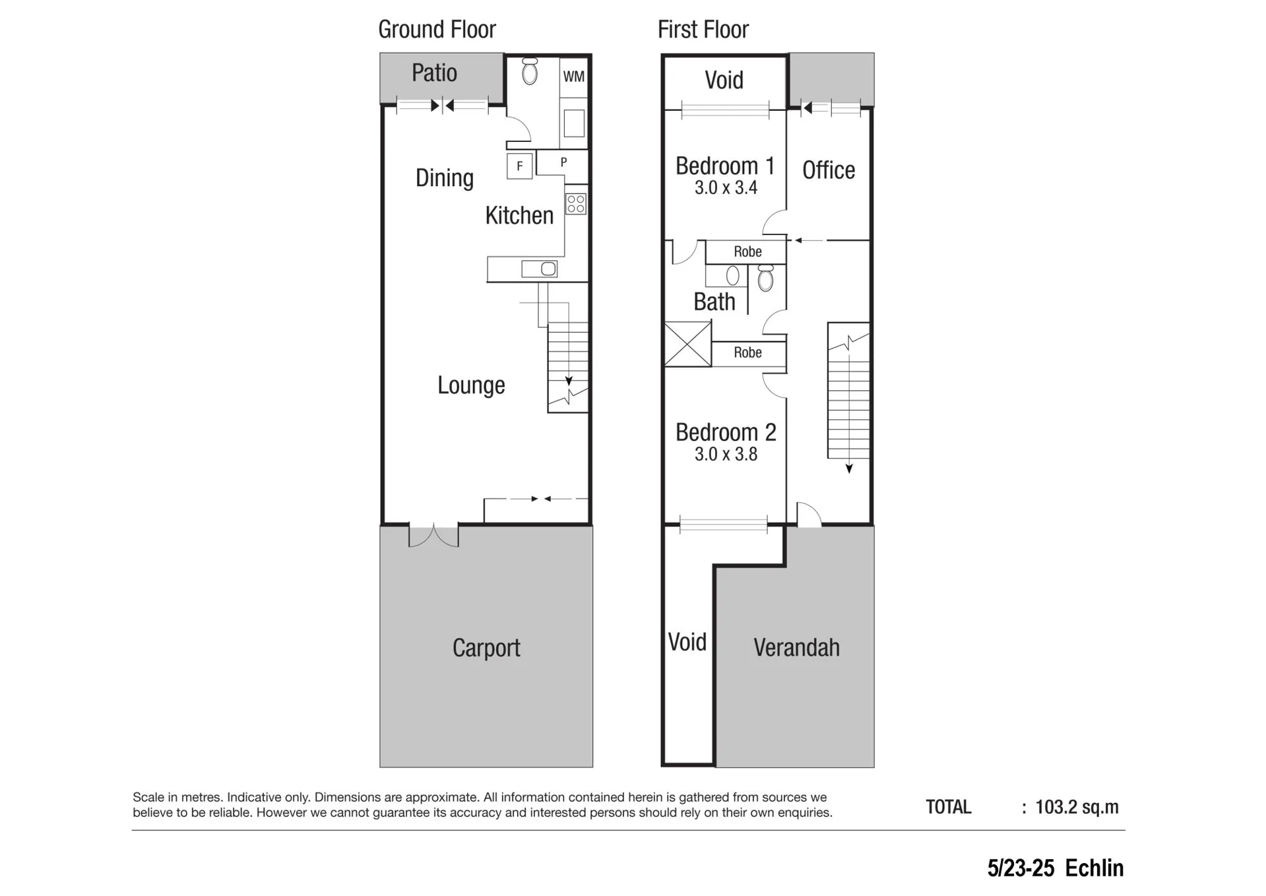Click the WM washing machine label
point(573,77)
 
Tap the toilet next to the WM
point(530,71)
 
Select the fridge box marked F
point(520,166)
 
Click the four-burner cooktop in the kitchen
point(576,204)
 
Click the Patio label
point(434,73)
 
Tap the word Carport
point(486,648)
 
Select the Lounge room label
point(471,385)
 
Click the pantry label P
point(563,162)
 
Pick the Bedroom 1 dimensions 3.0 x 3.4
point(726,188)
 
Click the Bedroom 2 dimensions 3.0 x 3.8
point(726,454)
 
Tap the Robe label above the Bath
point(747,252)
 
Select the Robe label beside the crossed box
point(747,353)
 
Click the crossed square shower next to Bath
point(687,344)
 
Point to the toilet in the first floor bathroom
point(765,278)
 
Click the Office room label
point(829,170)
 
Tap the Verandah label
point(796,648)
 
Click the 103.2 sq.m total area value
point(1077,807)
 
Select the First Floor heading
point(703,30)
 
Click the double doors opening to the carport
point(433,536)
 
